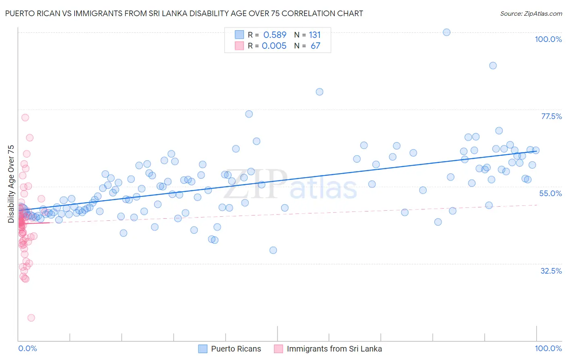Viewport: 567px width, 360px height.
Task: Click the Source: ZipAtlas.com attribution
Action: tap(531, 14)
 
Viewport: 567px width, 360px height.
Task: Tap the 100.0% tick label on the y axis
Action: tap(548, 39)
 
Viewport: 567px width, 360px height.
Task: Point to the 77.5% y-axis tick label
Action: tap(551, 116)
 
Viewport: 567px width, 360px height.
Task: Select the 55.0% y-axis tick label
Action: tap(550, 193)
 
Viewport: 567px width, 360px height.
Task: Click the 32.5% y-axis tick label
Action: tap(551, 271)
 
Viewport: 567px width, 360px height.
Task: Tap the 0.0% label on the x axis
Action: tap(27, 348)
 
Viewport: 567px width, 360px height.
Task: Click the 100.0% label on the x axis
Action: tap(548, 348)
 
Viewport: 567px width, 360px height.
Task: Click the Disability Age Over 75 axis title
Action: tap(11, 184)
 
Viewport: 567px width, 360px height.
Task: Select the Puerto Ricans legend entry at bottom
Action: tap(236, 349)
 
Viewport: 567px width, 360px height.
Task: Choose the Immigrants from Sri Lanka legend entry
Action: tap(334, 349)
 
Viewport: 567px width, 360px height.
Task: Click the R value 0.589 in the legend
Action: tap(275, 35)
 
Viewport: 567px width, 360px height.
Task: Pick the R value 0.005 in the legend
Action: tap(274, 46)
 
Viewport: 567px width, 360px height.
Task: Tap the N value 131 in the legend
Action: tap(315, 35)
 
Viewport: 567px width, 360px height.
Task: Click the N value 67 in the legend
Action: tap(315, 46)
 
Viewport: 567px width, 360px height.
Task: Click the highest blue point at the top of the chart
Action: tap(446, 32)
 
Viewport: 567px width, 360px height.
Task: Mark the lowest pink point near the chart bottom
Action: tap(31, 318)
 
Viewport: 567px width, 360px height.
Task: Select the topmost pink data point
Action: tap(25, 117)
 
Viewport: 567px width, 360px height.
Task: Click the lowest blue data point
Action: tap(273, 250)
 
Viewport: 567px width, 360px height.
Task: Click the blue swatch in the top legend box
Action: tap(239, 35)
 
